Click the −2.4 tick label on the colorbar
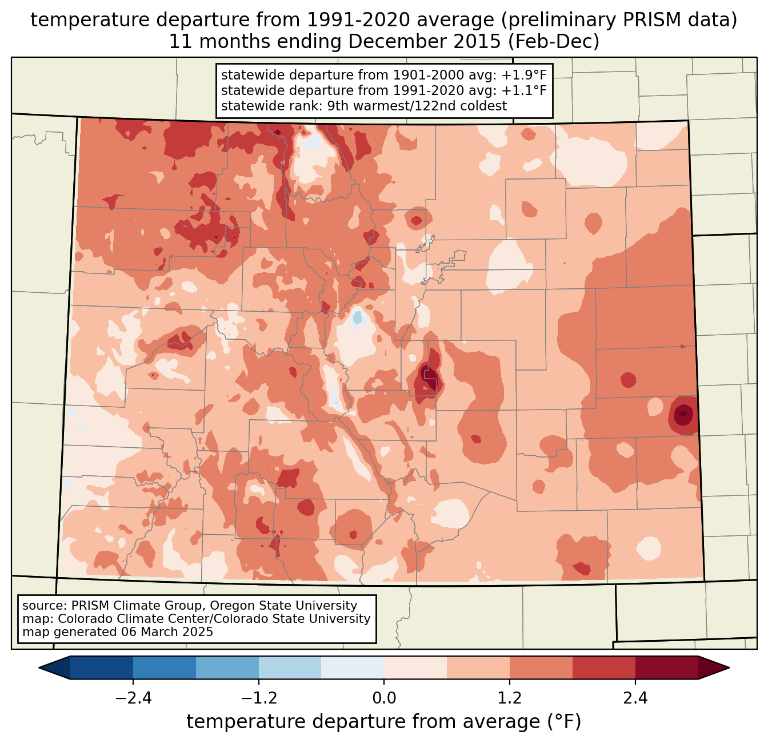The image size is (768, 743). point(133,698)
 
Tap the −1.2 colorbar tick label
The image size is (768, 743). point(258,698)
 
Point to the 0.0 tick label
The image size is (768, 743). point(384,698)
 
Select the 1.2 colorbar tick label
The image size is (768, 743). point(510,698)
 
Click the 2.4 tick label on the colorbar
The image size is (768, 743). point(635,698)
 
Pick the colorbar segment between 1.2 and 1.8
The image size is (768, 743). point(541,667)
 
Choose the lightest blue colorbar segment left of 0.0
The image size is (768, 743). point(353,667)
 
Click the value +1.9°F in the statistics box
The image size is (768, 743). point(524,76)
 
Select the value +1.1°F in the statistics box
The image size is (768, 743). point(524,90)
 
